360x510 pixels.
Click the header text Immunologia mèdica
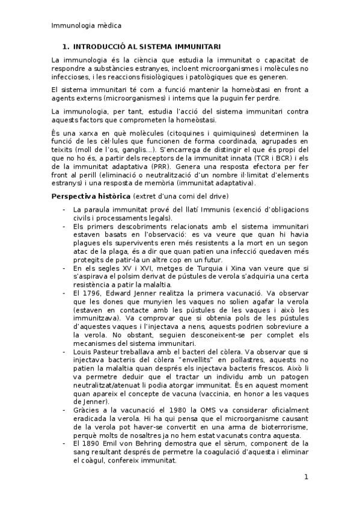pos(86,26)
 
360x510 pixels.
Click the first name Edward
pos(127,293)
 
